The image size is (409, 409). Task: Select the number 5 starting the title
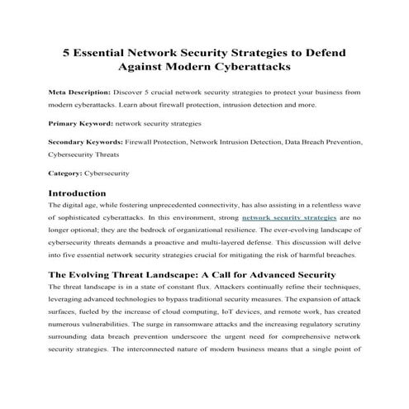[x=69, y=51]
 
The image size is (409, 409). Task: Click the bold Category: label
[x=65, y=174]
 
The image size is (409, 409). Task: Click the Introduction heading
[x=83, y=193]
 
